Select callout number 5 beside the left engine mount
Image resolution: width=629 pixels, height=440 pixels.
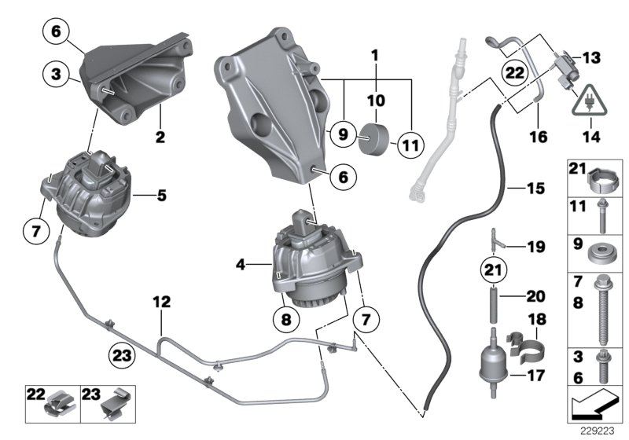pos(162,192)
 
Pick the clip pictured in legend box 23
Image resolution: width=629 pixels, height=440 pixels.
pos(116,404)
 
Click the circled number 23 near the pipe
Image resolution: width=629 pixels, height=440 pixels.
pos(122,355)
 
